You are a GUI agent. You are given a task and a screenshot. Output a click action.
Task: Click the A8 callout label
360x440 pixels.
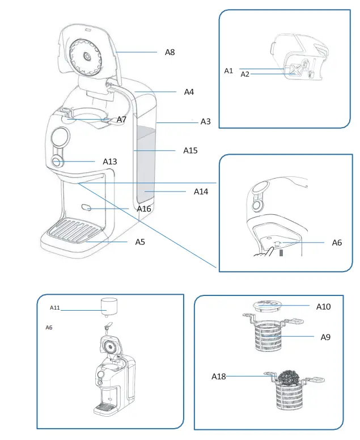click(x=170, y=52)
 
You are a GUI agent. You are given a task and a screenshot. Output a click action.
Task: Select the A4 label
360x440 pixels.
click(x=189, y=92)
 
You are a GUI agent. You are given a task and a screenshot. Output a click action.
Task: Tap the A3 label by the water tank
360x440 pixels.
click(x=206, y=122)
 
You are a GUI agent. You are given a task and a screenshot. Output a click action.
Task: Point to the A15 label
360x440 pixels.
click(x=190, y=151)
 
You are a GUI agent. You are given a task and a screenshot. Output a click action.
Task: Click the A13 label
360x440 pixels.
click(x=110, y=162)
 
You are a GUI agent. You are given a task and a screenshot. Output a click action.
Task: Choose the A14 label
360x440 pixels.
click(x=201, y=192)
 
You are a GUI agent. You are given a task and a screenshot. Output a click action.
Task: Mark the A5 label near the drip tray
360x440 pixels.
click(x=141, y=242)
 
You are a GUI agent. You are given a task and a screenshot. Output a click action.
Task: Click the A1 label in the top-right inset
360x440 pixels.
click(x=228, y=71)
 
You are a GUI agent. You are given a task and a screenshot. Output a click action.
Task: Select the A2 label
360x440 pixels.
click(x=245, y=74)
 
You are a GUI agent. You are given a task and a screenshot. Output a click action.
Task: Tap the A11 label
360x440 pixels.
click(x=55, y=307)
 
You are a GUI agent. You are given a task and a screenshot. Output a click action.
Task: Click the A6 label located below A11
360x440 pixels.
click(x=49, y=328)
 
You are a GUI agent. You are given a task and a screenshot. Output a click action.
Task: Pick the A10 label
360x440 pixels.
click(x=323, y=306)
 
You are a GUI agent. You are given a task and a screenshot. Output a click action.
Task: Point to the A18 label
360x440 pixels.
click(x=219, y=376)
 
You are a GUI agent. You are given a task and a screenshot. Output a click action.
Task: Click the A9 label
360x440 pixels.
click(x=325, y=337)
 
